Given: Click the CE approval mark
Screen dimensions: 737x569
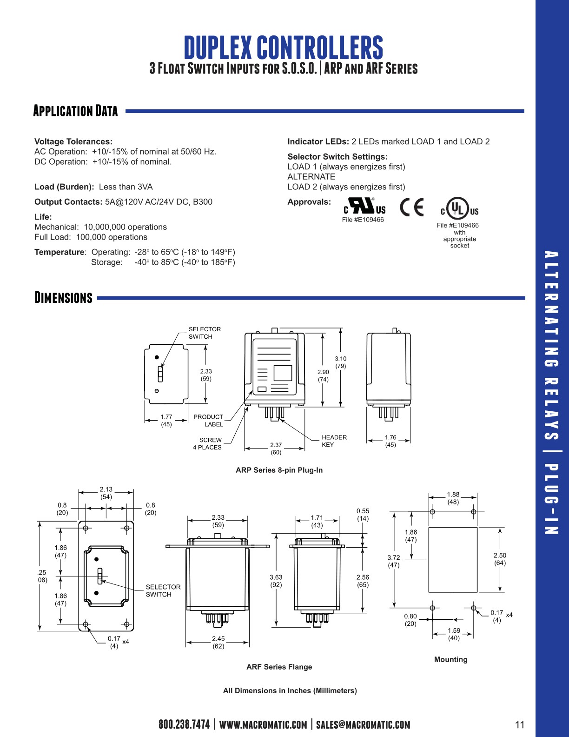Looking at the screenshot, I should (412, 208).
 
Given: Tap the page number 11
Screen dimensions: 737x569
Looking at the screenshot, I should (520, 724).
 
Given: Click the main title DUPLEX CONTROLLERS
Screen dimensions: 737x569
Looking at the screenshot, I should (283, 47).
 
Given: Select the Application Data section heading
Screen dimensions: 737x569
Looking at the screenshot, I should (75, 111).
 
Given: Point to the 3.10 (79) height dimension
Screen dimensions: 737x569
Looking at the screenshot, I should (340, 362).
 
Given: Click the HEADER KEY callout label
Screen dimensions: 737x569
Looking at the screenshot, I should (334, 441).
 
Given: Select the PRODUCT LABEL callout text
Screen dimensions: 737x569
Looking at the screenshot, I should (208, 421).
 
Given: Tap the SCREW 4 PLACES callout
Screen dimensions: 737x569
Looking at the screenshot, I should (208, 443).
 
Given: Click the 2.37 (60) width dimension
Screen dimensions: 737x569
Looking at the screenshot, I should (276, 449).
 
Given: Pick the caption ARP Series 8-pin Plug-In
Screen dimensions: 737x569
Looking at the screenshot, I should (279, 470).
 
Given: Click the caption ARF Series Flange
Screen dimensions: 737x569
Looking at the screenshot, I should (279, 667).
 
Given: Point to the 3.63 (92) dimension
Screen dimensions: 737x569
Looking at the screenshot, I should (276, 581).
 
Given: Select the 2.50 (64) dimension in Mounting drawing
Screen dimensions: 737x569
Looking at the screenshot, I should (500, 559).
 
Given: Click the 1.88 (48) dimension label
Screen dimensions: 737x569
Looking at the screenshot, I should (453, 498).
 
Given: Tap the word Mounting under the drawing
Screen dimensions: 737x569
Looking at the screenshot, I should (450, 659).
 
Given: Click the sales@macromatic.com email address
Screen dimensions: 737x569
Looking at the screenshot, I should (363, 724).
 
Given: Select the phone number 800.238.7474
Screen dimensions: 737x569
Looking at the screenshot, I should (184, 724).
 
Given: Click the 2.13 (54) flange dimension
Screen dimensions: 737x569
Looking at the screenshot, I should (106, 493).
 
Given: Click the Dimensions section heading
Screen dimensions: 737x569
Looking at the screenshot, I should (64, 298).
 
